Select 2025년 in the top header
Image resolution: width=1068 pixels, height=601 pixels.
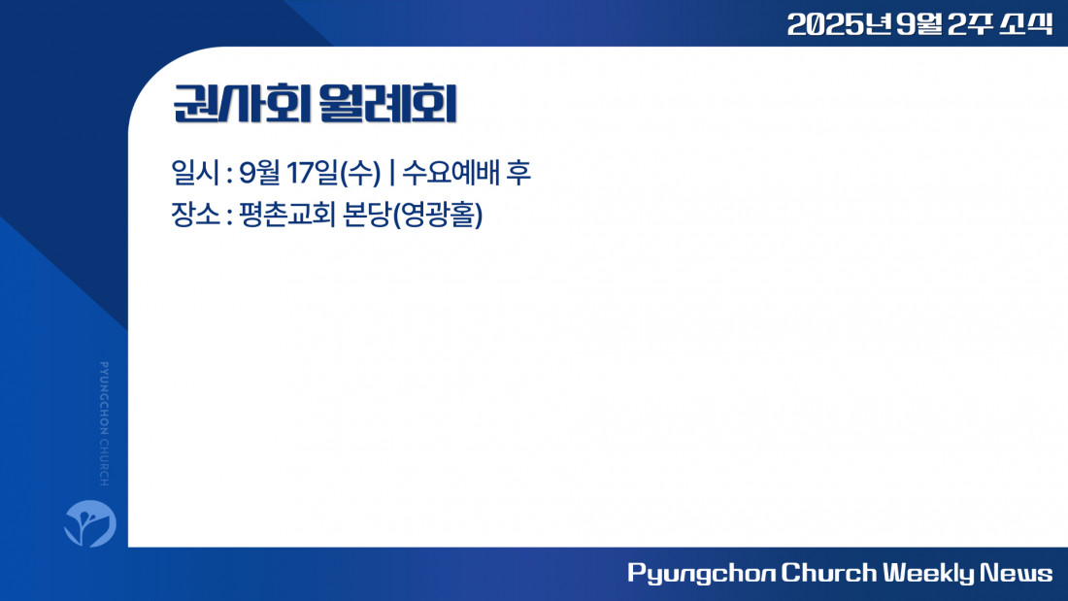(839, 24)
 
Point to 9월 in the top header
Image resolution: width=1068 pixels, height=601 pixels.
(918, 24)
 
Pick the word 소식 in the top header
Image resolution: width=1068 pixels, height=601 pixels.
(1026, 24)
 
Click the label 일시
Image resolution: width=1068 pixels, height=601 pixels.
(195, 173)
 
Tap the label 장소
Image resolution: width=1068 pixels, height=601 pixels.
(195, 215)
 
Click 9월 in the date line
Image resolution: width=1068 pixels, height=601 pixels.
(259, 173)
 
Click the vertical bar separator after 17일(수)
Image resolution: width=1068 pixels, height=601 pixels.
(391, 173)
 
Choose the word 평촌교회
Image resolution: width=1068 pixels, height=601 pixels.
(286, 215)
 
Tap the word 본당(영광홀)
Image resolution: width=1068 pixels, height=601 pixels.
(413, 216)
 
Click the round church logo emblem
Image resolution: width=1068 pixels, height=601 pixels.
(90, 523)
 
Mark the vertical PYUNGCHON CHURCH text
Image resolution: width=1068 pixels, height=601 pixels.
(104, 423)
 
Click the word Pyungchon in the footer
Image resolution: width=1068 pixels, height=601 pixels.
(701, 573)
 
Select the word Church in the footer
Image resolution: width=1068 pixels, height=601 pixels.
(828, 573)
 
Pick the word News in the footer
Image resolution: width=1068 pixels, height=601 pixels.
(1017, 573)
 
